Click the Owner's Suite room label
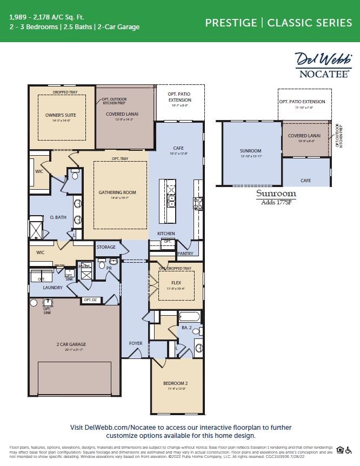[61, 115]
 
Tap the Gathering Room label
[117, 192]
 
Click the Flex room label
[176, 282]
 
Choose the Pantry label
[185, 253]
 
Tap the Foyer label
[135, 343]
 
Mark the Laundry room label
[53, 288]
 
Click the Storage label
[106, 247]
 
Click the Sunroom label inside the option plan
[250, 151]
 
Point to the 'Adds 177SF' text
[276, 202]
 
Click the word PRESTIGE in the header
[231, 23]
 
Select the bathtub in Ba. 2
[189, 317]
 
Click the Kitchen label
[166, 234]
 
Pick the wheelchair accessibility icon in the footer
[349, 450]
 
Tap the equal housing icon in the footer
[340, 450]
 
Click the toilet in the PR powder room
[101, 265]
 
